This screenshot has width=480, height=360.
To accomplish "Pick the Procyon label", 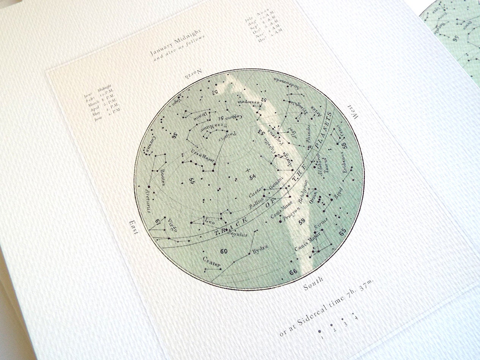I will point(290,215).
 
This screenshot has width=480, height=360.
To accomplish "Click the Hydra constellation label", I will point(260,249).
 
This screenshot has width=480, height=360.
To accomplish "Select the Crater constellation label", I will point(212,262).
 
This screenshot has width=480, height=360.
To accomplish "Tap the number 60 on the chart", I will point(224,251).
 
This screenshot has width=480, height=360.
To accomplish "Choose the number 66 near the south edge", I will point(293,272).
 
